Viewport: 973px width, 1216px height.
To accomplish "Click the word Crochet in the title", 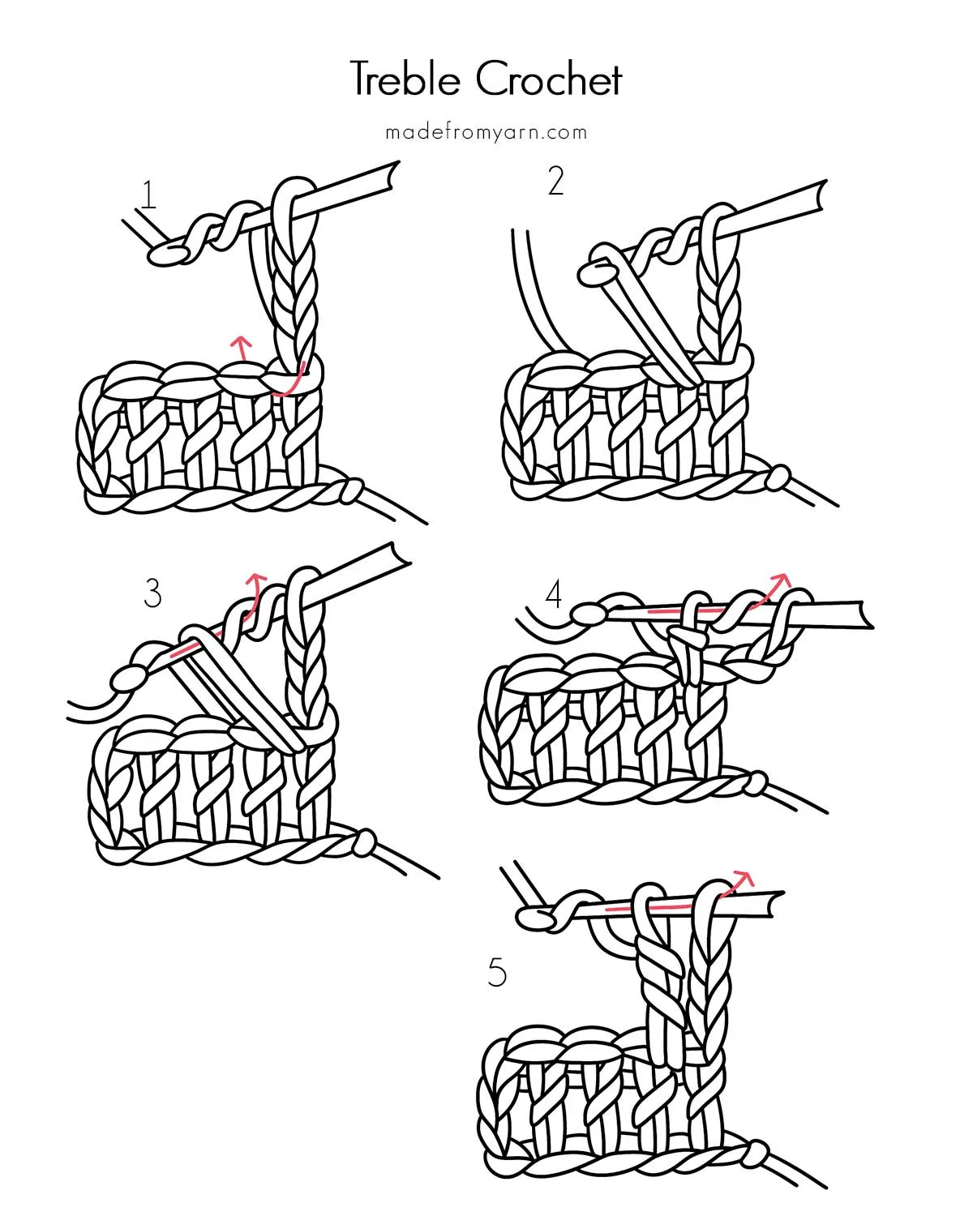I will (549, 80).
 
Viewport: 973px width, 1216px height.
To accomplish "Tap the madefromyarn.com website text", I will (486, 132).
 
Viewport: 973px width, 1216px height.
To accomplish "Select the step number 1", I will (148, 195).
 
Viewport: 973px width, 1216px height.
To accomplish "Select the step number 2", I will (555, 182).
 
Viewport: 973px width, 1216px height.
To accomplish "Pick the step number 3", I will (152, 593).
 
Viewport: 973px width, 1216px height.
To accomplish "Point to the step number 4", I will (554, 596).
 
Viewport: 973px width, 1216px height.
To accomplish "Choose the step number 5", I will (497, 972).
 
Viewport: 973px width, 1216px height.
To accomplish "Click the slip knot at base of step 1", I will (350, 491).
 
